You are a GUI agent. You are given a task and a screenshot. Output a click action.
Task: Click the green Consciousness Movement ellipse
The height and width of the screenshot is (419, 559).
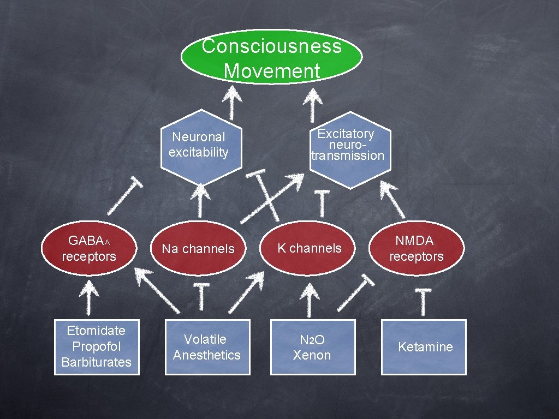coord(271,57)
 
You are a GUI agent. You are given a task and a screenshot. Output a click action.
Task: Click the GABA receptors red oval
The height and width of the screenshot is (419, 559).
coord(89,248)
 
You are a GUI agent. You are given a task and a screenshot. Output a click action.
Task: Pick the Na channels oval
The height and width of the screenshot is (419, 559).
coord(198,249)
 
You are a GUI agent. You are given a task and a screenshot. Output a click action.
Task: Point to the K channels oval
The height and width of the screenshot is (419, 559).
coord(309,248)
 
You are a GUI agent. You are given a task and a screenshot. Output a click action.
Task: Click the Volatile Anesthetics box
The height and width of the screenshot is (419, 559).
coord(207,347)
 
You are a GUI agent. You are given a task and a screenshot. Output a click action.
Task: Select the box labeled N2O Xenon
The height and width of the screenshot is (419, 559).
coord(312,347)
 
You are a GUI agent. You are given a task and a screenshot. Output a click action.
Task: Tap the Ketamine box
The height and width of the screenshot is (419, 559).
coord(424,347)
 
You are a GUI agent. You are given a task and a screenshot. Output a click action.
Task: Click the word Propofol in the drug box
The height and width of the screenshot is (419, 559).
coord(97,346)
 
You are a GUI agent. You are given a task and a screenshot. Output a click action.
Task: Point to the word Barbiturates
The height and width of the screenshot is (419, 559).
coord(97,362)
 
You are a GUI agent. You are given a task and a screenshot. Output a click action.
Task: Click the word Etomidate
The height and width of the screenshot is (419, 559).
coord(96,331)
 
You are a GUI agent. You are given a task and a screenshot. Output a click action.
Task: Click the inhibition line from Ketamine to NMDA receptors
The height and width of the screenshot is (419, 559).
coord(422,303)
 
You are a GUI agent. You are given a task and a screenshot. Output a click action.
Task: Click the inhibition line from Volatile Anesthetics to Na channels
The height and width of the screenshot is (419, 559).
coord(202,298)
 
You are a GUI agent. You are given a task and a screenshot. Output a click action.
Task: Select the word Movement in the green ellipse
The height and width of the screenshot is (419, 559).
coord(271,71)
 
